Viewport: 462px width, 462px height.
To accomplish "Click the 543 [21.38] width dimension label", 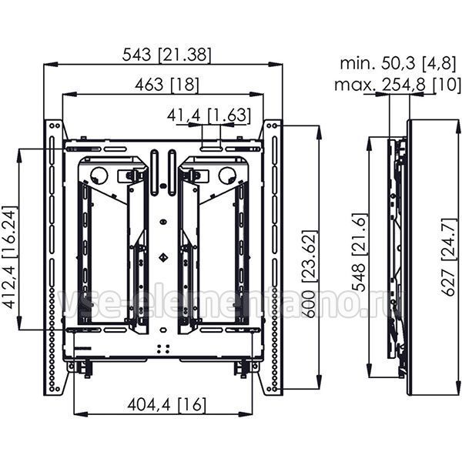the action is pyautogui.click(x=167, y=55).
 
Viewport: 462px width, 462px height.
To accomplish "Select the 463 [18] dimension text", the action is pyautogui.click(x=167, y=85).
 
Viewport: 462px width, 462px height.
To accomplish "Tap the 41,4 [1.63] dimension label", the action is pyautogui.click(x=209, y=115).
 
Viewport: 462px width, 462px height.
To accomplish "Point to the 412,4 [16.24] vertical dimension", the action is pyautogui.click(x=9, y=257).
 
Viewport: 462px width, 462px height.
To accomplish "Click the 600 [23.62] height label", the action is pyautogui.click(x=310, y=274).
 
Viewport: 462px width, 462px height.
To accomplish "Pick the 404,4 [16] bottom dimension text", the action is pyautogui.click(x=167, y=404).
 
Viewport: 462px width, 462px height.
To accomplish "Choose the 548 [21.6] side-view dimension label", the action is pyautogui.click(x=360, y=252).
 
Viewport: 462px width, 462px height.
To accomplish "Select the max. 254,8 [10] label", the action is pyautogui.click(x=398, y=85).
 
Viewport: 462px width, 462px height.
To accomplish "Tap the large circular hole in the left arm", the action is pyautogui.click(x=99, y=176).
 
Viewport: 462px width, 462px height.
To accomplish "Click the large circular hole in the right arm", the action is pyautogui.click(x=227, y=176).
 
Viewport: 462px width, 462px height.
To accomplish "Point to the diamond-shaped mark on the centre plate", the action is pyautogui.click(x=163, y=258).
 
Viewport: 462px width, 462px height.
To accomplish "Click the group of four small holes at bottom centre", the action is pyautogui.click(x=163, y=349).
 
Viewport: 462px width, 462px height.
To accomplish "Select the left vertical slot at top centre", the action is pyautogui.click(x=155, y=173).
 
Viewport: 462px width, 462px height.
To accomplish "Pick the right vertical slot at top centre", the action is pyautogui.click(x=172, y=173).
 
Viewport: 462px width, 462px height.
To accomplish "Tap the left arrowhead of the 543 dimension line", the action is pyautogui.click(x=50, y=64).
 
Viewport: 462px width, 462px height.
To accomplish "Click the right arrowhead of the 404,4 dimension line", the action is pyautogui.click(x=246, y=414).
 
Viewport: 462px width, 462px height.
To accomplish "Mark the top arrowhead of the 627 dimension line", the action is pyautogui.click(x=457, y=127).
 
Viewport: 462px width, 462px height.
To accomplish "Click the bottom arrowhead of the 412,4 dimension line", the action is pyautogui.click(x=19, y=323).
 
